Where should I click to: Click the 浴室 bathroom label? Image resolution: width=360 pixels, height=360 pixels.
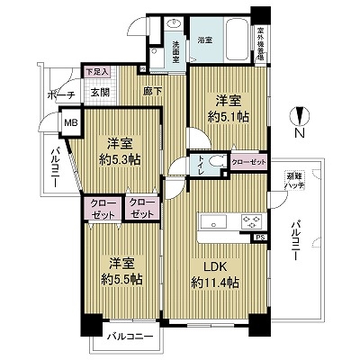[204, 40]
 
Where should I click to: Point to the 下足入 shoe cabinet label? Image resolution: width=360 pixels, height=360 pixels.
[96, 72]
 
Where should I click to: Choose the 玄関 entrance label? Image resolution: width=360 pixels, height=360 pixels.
[99, 93]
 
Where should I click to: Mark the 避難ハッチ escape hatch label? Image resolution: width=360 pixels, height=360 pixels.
[295, 181]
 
